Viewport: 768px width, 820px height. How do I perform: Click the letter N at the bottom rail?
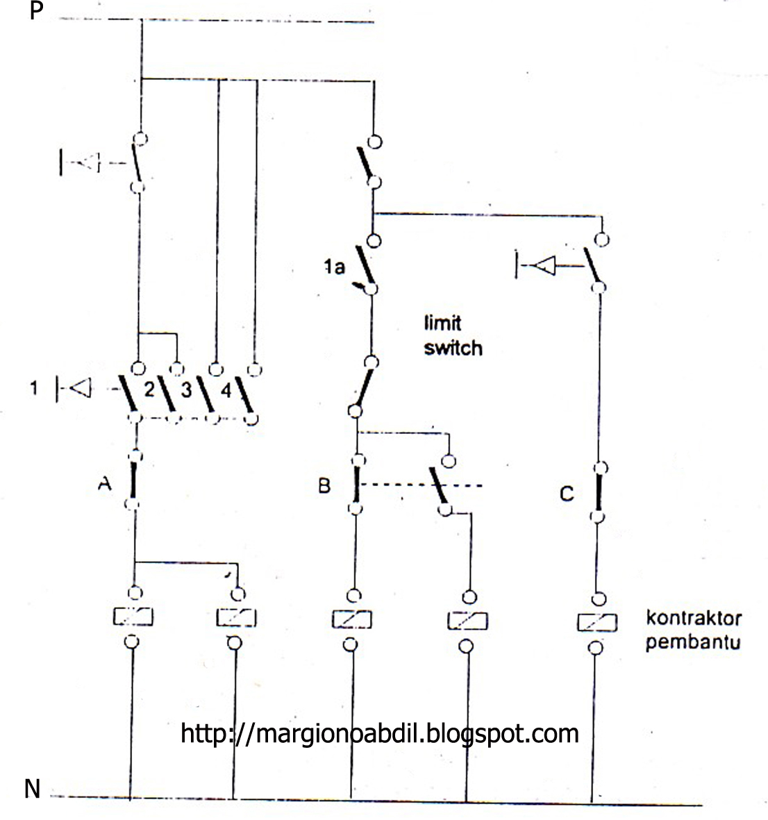click(32, 789)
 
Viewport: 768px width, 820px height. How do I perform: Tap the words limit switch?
click(452, 335)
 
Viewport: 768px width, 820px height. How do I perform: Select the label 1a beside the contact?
click(333, 266)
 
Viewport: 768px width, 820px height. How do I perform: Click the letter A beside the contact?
click(104, 485)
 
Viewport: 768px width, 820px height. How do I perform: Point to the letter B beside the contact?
click(324, 485)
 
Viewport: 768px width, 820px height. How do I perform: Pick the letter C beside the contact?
click(567, 494)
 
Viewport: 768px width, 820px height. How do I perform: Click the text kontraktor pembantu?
click(693, 629)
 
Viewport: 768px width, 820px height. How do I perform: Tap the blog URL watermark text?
click(379, 733)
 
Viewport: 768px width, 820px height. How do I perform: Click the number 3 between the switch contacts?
click(186, 390)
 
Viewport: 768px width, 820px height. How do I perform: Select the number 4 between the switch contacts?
click(225, 391)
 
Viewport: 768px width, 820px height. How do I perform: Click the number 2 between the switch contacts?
click(148, 390)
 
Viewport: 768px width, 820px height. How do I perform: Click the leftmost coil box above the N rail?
click(133, 617)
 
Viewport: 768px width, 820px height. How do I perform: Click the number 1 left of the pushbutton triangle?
click(33, 388)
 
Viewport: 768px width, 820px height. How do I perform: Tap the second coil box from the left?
click(236, 617)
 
